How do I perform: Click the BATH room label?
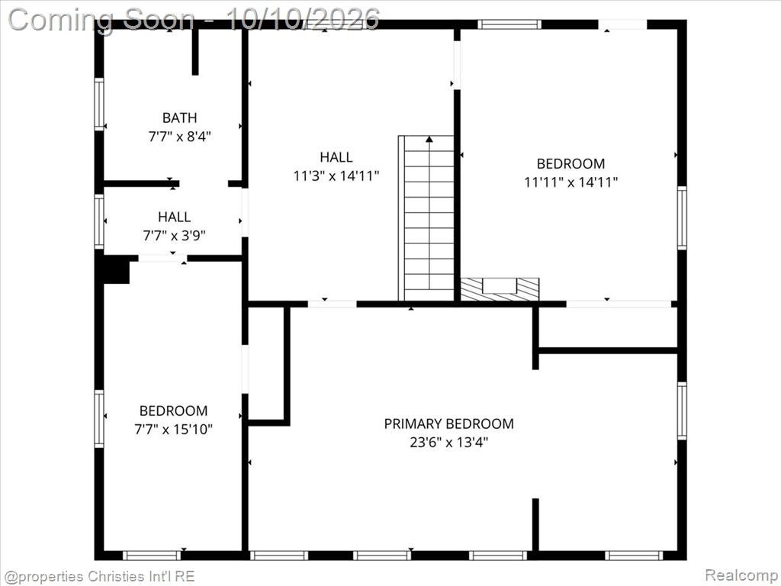(x=179, y=118)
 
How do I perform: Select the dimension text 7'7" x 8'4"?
(x=179, y=136)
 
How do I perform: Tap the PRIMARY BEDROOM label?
(x=448, y=423)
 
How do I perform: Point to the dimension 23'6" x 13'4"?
(x=448, y=442)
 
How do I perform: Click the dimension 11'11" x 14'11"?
(x=570, y=182)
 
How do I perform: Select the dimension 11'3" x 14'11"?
(x=336, y=175)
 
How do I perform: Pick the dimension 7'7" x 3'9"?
(x=175, y=235)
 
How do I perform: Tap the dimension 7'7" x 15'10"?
(x=173, y=429)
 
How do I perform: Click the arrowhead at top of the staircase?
(x=429, y=139)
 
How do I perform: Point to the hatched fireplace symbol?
(x=500, y=289)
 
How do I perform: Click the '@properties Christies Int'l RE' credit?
(x=98, y=576)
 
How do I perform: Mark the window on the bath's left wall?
(x=100, y=104)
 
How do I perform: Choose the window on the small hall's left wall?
(x=100, y=221)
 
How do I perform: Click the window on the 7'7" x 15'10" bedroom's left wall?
(x=100, y=419)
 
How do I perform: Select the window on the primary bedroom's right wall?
(x=682, y=411)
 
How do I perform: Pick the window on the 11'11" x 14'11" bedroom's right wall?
(x=682, y=217)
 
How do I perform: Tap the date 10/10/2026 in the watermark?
(x=303, y=20)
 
